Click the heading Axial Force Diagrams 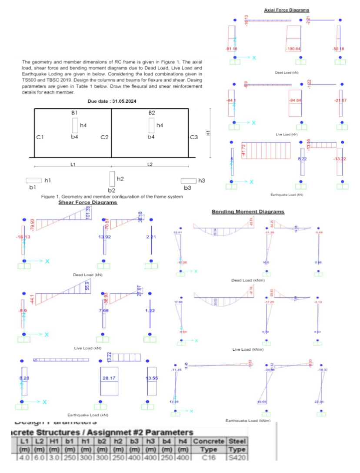[287, 10]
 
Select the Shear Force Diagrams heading [87, 202]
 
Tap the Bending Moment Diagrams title [248, 211]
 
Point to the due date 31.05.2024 [111, 101]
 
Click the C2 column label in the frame [104, 138]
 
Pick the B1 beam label [74, 113]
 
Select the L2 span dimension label [150, 164]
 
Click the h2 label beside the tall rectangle [120, 179]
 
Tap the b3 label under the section [187, 188]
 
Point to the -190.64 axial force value [293, 49]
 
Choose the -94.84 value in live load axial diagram [295, 101]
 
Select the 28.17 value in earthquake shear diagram [108, 379]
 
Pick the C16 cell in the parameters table [212, 457]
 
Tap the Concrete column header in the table [212, 441]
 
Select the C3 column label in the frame [194, 138]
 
